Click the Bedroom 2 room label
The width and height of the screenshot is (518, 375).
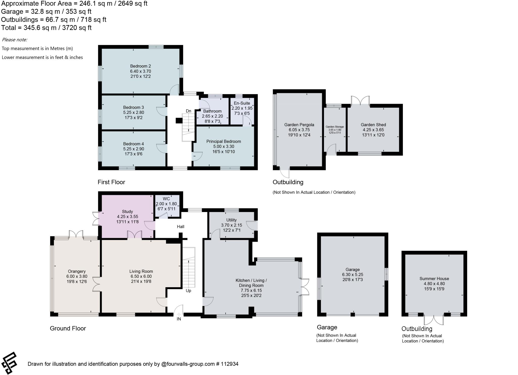click(x=140, y=66)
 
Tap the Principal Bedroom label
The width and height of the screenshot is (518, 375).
click(x=224, y=141)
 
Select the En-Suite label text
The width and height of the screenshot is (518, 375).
click(x=242, y=103)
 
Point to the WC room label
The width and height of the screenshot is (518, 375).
click(x=166, y=199)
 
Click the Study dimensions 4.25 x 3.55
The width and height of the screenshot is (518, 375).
click(x=127, y=217)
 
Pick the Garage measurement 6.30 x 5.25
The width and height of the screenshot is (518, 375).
click(x=353, y=275)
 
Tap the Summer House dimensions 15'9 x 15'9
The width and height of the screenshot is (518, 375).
click(x=434, y=289)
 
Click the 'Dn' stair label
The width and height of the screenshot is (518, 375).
click(x=188, y=111)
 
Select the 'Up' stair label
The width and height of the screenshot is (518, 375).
click(x=188, y=291)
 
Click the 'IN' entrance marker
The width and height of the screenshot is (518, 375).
click(x=179, y=319)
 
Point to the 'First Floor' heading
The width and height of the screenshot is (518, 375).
click(x=111, y=182)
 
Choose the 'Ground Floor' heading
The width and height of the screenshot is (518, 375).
click(x=68, y=328)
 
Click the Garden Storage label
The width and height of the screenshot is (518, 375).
click(x=335, y=127)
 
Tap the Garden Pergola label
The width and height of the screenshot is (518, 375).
click(x=299, y=125)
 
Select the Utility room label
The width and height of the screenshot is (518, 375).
click(x=231, y=220)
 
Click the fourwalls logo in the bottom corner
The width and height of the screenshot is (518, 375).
click(x=9, y=363)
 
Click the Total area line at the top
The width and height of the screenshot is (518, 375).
click(x=46, y=28)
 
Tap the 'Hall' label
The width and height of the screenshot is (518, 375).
click(x=181, y=227)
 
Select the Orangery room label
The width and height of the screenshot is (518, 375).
click(x=77, y=272)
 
